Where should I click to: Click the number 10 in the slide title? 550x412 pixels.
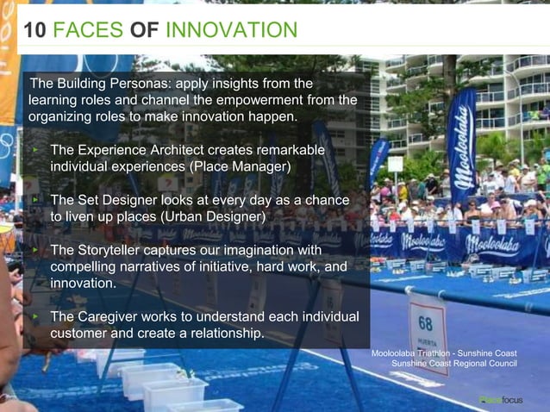(x=34, y=31)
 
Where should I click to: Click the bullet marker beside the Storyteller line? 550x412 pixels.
(x=35, y=250)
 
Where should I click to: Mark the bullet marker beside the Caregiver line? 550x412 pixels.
(x=35, y=317)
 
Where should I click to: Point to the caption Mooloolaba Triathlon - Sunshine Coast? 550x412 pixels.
(x=444, y=353)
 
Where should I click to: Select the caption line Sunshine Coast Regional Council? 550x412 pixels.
(x=454, y=365)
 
